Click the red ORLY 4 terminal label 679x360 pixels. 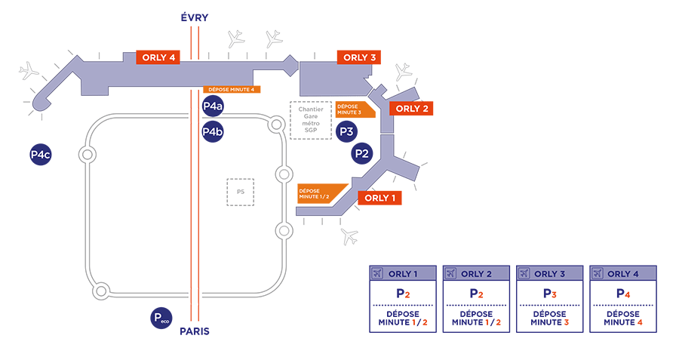[157, 57]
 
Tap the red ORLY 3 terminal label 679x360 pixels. [359, 57]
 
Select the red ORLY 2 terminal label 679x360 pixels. [412, 109]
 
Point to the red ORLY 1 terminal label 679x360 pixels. [380, 198]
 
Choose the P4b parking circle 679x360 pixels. [213, 133]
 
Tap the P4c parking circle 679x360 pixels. [40, 155]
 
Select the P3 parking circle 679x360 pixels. [346, 131]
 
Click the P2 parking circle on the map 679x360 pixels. [363, 154]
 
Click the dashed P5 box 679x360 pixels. [241, 192]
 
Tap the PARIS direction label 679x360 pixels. [195, 331]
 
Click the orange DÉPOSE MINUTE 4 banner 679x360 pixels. [232, 90]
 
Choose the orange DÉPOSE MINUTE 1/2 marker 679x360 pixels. [320, 194]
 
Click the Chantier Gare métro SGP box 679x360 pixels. [311, 120]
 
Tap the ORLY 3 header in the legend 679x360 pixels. [550, 273]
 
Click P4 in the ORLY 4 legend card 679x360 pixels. [622, 294]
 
